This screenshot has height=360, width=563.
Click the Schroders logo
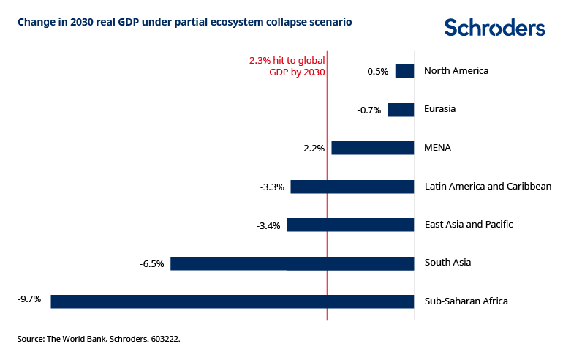tap(495, 28)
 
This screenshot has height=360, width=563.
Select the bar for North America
tap(405, 71)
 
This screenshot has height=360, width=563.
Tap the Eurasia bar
tap(401, 110)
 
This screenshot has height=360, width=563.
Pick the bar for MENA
tap(373, 148)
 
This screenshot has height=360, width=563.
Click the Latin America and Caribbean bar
tap(352, 187)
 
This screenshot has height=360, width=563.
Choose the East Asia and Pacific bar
tap(350, 225)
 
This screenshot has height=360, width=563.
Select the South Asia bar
tap(292, 263)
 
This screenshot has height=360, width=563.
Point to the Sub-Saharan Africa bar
tap(233, 301)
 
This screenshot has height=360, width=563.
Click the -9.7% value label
tap(29, 299)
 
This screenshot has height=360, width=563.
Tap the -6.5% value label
tap(151, 263)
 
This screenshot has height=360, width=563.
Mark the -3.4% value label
tap(268, 225)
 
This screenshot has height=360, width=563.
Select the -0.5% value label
tap(376, 72)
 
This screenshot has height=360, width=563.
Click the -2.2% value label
tap(312, 149)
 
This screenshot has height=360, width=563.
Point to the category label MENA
tap(437, 148)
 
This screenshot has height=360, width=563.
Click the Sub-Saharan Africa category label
tap(466, 301)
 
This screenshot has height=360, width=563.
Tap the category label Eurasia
tap(439, 109)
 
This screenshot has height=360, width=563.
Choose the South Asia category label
tap(447, 263)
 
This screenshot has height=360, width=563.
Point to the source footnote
tap(99, 340)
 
